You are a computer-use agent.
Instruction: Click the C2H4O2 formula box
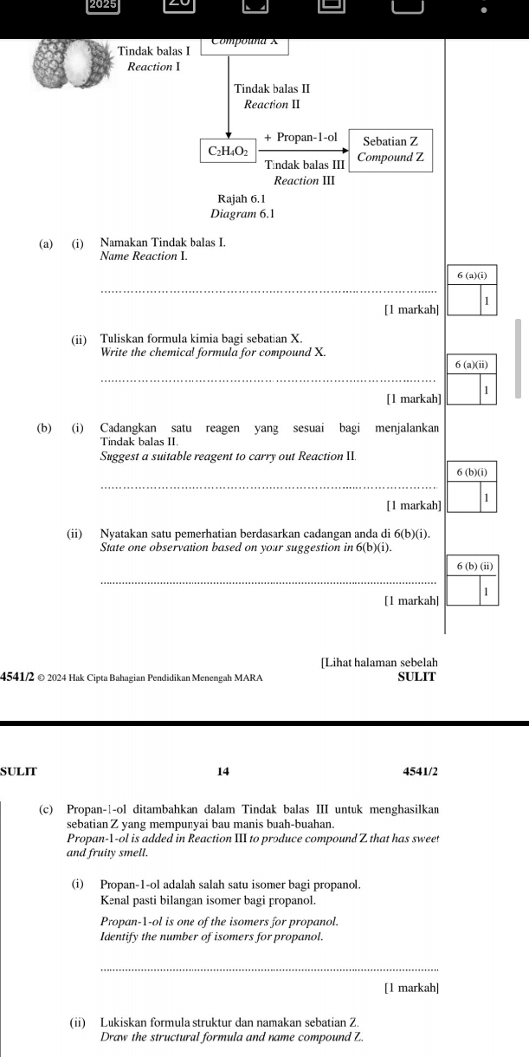[228, 151]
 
